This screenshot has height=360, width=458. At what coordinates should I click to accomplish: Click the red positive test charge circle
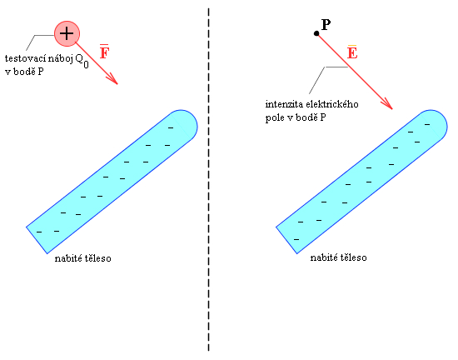pos(67,33)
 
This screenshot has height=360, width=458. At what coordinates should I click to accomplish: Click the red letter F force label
pos(104,52)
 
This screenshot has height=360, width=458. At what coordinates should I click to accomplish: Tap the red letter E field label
pos(352,52)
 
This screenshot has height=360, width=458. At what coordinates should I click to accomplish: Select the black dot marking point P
pos(316,33)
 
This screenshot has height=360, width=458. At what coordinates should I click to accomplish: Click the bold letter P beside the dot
pos(326,24)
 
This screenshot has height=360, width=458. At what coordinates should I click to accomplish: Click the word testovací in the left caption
pos(25,58)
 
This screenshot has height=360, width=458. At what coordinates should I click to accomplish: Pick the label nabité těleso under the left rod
pos(83,258)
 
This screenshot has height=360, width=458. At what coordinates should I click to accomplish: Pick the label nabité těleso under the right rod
pos(338,257)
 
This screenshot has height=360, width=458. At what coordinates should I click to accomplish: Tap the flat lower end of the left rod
pos(37,240)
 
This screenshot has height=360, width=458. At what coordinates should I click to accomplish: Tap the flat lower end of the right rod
pos(286,240)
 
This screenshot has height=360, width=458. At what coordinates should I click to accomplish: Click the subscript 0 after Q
pos(86,64)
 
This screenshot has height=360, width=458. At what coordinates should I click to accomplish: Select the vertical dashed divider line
pos(208,179)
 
